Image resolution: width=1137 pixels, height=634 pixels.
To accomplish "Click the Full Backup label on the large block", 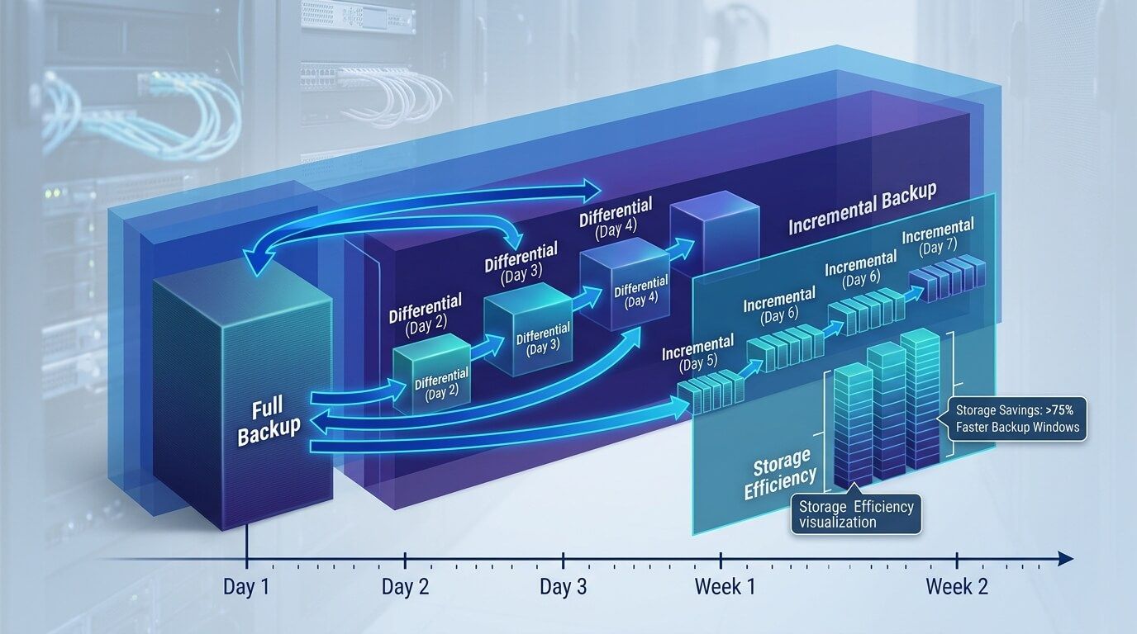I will coord(269,420).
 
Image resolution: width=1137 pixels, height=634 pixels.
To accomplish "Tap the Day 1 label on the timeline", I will coord(246,587).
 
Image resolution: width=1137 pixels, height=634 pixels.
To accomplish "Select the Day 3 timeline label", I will coord(563,587).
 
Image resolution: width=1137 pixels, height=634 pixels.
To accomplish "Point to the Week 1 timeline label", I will coord(725,587).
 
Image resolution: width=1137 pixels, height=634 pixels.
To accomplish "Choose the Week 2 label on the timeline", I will coord(956,587).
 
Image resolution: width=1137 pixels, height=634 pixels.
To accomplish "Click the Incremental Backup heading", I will coord(862,210).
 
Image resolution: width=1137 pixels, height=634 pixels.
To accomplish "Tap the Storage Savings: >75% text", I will coord(1014,409).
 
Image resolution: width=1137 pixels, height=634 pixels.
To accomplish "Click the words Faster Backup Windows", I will coord(1017,427).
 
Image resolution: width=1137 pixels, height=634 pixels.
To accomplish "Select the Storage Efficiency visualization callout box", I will coord(856,513).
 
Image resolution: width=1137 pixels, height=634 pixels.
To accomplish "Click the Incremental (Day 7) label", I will coord(937,234).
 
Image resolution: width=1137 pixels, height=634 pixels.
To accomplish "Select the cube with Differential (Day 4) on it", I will coord(625,289).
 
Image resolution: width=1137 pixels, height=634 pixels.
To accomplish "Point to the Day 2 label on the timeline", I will coord(404,587).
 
